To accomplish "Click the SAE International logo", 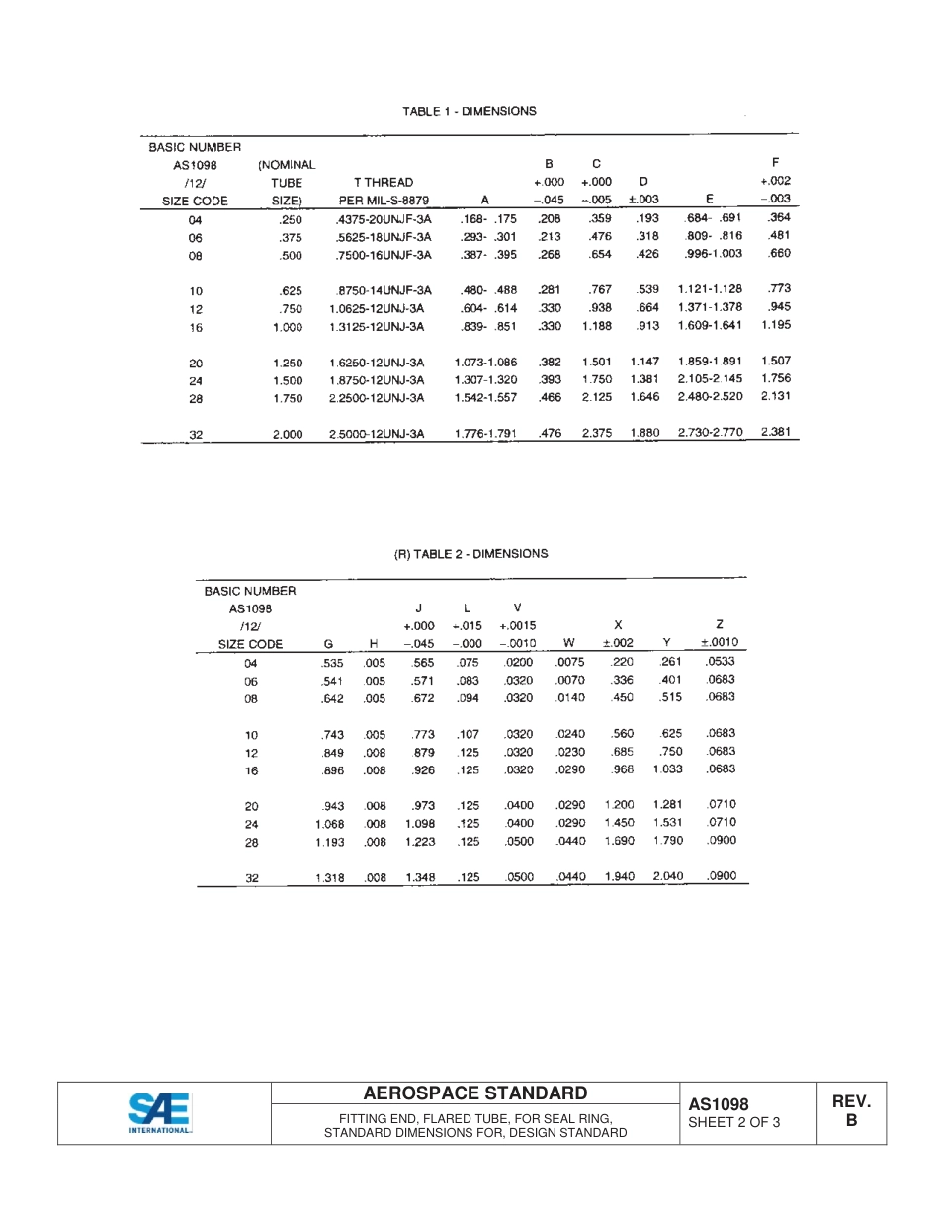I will (x=160, y=1113).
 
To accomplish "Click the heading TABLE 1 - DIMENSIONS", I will (x=469, y=111).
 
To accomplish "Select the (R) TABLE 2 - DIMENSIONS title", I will (x=470, y=554).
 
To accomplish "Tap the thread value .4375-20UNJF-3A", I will (x=384, y=219).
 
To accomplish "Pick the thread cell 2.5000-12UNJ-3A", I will (x=377, y=434).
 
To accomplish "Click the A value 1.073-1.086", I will (x=485, y=363).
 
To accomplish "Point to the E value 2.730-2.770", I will (x=710, y=433).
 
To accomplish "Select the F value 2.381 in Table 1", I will (x=776, y=432).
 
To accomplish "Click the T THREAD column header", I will (x=384, y=182).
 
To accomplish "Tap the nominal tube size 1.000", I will (x=288, y=327).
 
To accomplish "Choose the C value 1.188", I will (x=596, y=326).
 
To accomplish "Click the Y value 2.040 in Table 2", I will (x=668, y=876).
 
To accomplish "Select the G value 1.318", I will (x=329, y=877).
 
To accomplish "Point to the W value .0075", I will (x=570, y=663).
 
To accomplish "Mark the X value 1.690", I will (x=619, y=841).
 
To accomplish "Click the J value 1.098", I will (x=420, y=824).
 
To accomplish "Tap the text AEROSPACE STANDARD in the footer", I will (x=474, y=1093).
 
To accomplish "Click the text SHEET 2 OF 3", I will (x=733, y=1122).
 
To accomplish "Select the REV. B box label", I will (x=851, y=1111).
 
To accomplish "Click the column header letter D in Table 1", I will (x=643, y=182).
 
